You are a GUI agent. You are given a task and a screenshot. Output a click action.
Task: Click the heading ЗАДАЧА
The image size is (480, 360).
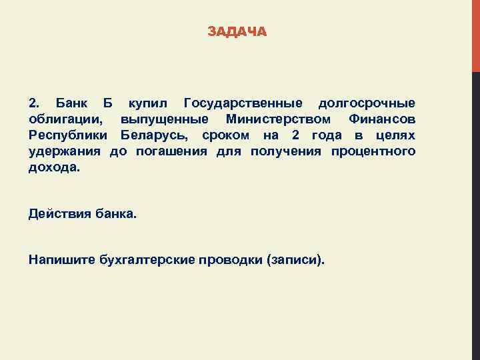coord(237,31)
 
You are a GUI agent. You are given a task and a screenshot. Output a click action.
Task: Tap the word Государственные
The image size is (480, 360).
coord(243,103)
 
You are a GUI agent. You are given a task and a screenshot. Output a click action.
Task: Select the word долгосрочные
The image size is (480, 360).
coord(367,103)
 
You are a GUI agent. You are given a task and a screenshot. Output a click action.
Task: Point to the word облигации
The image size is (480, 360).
coord(66,119)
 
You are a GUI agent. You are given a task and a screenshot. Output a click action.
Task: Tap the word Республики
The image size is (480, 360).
coord(69,135)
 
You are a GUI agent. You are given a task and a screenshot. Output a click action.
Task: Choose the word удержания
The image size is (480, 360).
coord(64,151)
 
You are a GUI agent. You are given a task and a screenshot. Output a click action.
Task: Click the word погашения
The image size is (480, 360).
coord(172,151)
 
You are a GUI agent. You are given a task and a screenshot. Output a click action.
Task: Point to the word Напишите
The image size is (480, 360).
coord(61,259)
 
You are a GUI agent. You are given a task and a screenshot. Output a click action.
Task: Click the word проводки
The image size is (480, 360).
coord(227,259)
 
